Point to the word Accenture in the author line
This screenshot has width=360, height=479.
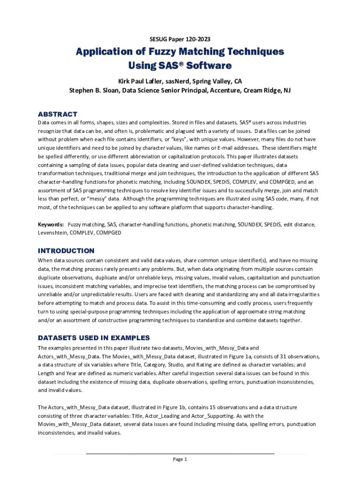[219, 90]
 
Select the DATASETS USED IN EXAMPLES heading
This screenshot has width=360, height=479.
[94, 338]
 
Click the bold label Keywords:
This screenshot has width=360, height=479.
[51, 225]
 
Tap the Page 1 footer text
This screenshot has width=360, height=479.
[180, 459]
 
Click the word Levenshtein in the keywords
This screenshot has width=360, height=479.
[53, 232]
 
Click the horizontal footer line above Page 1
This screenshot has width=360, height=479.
[180, 454]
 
